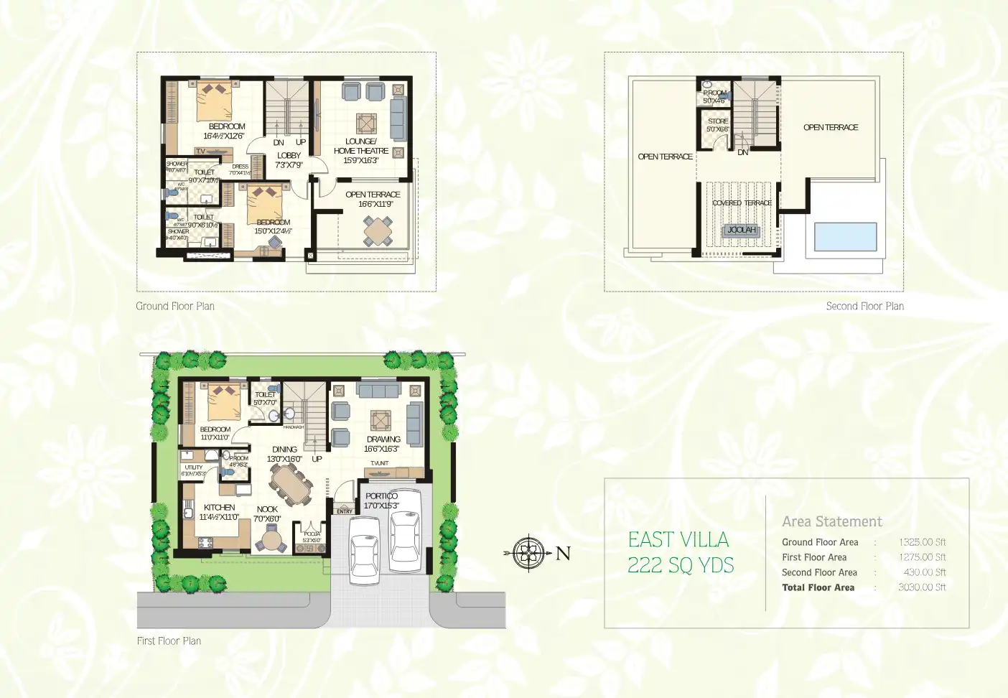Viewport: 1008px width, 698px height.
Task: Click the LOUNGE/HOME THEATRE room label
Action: coord(361,146)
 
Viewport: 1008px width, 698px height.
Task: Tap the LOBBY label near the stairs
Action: coord(289,155)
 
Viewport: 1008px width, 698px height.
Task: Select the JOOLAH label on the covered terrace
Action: coord(741,230)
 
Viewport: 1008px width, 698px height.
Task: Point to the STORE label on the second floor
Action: coord(718,121)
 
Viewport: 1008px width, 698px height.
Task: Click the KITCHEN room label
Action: coord(219,507)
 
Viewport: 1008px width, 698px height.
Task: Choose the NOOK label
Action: coord(267,509)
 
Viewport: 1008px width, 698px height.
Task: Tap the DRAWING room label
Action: coord(383,439)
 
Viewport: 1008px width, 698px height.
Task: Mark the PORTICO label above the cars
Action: coord(381,495)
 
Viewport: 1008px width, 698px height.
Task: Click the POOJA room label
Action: coord(312,534)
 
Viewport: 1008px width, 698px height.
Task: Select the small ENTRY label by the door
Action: coord(345,511)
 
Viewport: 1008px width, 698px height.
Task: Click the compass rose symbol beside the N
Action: coord(528,553)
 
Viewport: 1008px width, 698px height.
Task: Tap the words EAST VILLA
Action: coord(678,539)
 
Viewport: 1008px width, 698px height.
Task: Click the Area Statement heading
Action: coord(832,521)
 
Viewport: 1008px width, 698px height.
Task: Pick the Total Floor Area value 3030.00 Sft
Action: coord(922,587)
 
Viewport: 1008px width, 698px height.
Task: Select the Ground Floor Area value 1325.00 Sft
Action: coord(922,542)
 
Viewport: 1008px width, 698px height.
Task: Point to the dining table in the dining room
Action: coord(291,485)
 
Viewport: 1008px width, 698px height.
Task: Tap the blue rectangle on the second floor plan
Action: coord(845,236)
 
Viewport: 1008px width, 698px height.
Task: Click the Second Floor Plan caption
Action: coord(864,306)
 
